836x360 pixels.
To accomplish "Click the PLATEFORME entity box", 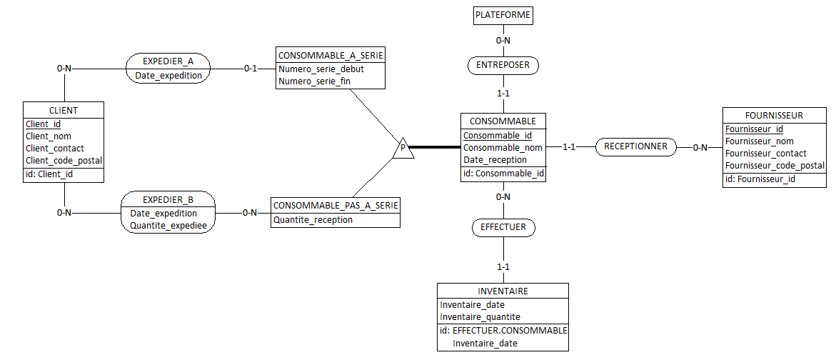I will (503, 14).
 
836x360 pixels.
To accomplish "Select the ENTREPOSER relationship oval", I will (503, 66).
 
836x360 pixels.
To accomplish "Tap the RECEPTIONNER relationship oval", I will (635, 146).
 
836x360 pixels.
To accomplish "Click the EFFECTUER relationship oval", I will (503, 228).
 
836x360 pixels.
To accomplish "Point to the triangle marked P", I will (403, 149).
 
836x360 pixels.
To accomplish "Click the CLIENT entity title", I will (64, 110).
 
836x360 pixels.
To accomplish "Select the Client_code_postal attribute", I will (64, 161).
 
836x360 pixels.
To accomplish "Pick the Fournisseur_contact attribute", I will (766, 154).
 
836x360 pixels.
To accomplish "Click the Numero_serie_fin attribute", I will (315, 81).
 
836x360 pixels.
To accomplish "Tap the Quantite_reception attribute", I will (313, 220).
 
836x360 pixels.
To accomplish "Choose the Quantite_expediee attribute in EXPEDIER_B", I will (168, 226).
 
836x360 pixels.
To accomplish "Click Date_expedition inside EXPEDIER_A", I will (168, 75).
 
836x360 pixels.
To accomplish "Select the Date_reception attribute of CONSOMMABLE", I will (495, 160).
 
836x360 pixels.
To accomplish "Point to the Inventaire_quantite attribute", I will (480, 317).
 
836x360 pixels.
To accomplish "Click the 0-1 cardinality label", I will (251, 69).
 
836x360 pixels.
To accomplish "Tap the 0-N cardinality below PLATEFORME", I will (503, 40).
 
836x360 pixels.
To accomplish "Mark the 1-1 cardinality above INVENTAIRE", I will (503, 267).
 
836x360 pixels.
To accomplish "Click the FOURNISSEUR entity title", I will (774, 115).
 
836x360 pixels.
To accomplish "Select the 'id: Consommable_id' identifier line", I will (503, 174).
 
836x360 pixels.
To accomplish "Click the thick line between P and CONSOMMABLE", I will (435, 148).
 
